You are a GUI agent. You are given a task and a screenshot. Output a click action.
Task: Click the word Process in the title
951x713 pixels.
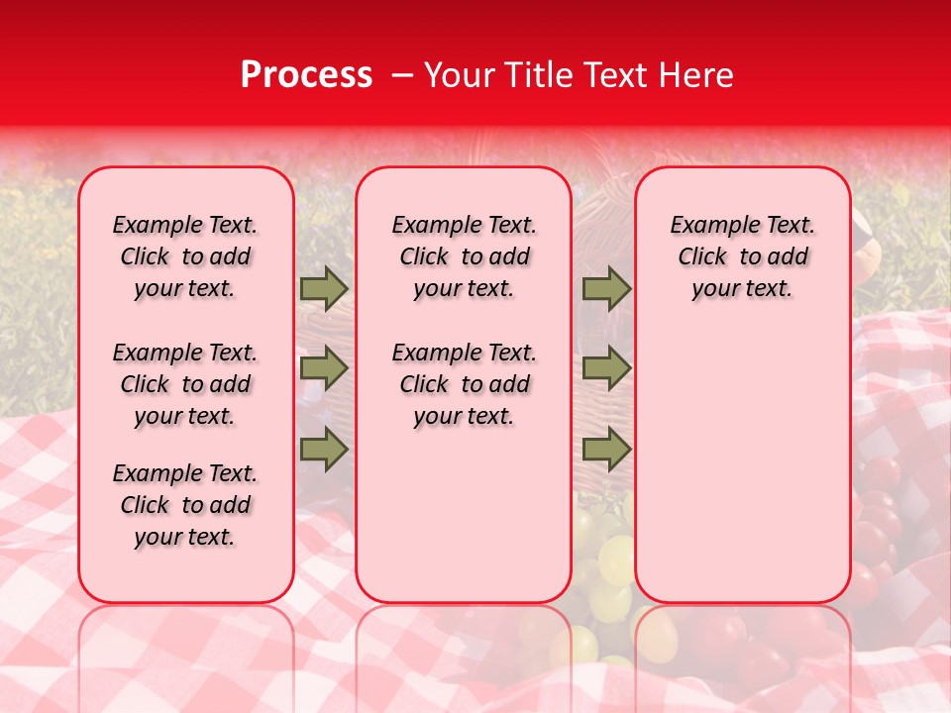(306, 75)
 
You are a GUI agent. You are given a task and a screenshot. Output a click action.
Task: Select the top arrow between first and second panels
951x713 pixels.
(324, 288)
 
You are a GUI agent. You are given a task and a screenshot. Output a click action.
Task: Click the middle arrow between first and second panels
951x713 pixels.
(324, 368)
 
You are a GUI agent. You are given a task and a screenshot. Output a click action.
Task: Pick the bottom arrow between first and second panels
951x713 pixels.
(324, 449)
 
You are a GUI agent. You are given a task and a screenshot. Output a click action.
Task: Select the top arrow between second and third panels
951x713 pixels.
(606, 288)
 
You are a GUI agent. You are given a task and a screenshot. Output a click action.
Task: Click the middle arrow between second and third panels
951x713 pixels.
(606, 368)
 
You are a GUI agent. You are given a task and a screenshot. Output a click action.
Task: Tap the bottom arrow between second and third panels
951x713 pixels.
(606, 449)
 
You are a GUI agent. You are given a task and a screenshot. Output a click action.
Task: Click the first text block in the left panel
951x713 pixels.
(185, 256)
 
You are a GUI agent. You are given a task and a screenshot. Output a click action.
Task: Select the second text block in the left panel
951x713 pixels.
(185, 384)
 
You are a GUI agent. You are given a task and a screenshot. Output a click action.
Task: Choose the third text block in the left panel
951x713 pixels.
(185, 505)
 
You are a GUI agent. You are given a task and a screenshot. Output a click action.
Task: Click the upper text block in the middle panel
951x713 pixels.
(464, 256)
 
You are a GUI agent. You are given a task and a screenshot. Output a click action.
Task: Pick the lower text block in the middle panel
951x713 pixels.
(464, 384)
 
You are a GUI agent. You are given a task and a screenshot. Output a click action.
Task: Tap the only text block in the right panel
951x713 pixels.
(742, 256)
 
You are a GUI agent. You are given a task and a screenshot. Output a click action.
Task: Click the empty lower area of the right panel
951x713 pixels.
(742, 465)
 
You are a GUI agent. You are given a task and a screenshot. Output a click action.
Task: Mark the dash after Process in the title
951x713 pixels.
(401, 75)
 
